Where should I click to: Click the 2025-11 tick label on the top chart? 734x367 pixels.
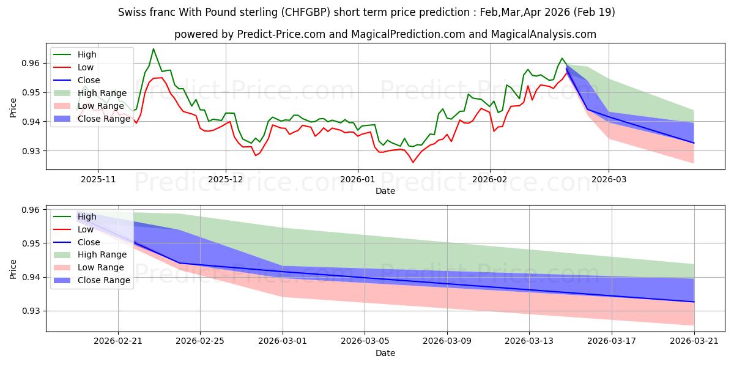click(98, 180)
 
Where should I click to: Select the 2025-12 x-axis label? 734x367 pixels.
click(226, 180)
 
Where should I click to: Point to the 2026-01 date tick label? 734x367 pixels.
click(358, 180)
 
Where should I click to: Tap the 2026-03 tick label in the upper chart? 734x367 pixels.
click(609, 180)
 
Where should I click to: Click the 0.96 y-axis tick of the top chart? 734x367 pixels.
click(31, 63)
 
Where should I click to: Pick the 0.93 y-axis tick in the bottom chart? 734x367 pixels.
click(31, 311)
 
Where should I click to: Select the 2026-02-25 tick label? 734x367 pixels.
click(200, 341)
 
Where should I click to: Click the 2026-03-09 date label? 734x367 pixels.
click(447, 341)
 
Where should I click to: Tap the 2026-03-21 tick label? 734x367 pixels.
click(694, 341)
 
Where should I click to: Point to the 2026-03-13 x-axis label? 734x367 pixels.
click(529, 341)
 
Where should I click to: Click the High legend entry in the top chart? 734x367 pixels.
click(75, 54)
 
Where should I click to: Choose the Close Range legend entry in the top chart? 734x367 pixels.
click(91, 119)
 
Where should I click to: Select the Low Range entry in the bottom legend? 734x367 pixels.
click(89, 267)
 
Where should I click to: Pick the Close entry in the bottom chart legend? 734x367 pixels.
click(76, 242)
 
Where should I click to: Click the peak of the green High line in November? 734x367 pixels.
click(153, 49)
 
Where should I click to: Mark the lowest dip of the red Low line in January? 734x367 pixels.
click(413, 162)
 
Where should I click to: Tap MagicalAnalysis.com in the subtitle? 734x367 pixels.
click(543, 34)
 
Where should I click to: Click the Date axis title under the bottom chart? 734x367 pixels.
click(385, 353)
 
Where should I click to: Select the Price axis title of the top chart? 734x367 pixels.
click(13, 108)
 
